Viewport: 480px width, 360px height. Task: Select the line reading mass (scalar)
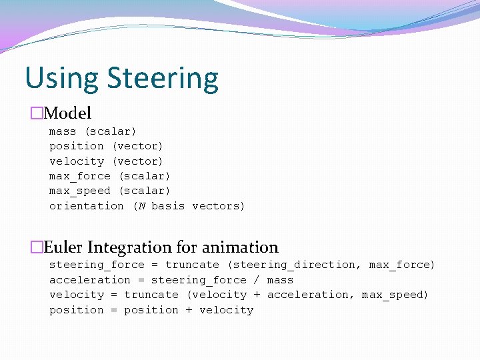93,131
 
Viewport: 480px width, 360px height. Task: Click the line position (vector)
106,146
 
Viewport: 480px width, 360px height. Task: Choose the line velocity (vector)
106,161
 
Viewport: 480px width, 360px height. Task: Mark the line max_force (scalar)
110,176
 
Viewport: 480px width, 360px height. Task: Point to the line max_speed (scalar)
110,191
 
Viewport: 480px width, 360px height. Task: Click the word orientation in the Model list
87,206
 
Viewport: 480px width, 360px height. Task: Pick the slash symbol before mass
257,280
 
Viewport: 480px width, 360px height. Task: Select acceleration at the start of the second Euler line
90,280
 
